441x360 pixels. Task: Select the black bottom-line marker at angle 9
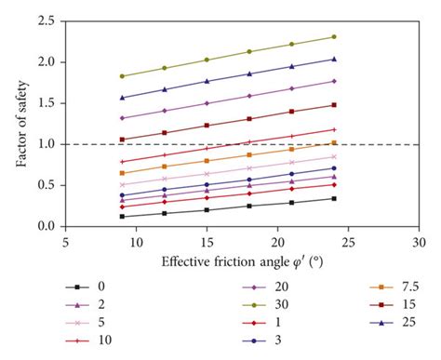(122, 217)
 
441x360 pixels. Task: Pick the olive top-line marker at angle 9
(122, 76)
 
